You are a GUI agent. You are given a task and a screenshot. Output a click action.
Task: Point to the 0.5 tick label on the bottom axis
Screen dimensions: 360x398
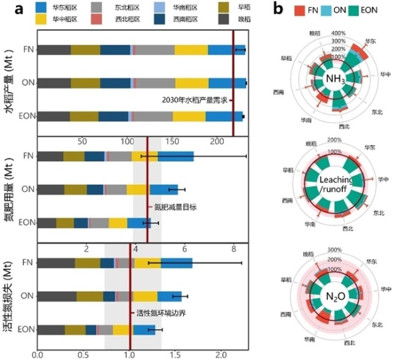84,355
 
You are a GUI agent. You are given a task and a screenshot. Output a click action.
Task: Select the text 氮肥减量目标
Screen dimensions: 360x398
170,207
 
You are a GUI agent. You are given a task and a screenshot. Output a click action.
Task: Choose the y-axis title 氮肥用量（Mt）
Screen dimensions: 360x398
11,190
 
